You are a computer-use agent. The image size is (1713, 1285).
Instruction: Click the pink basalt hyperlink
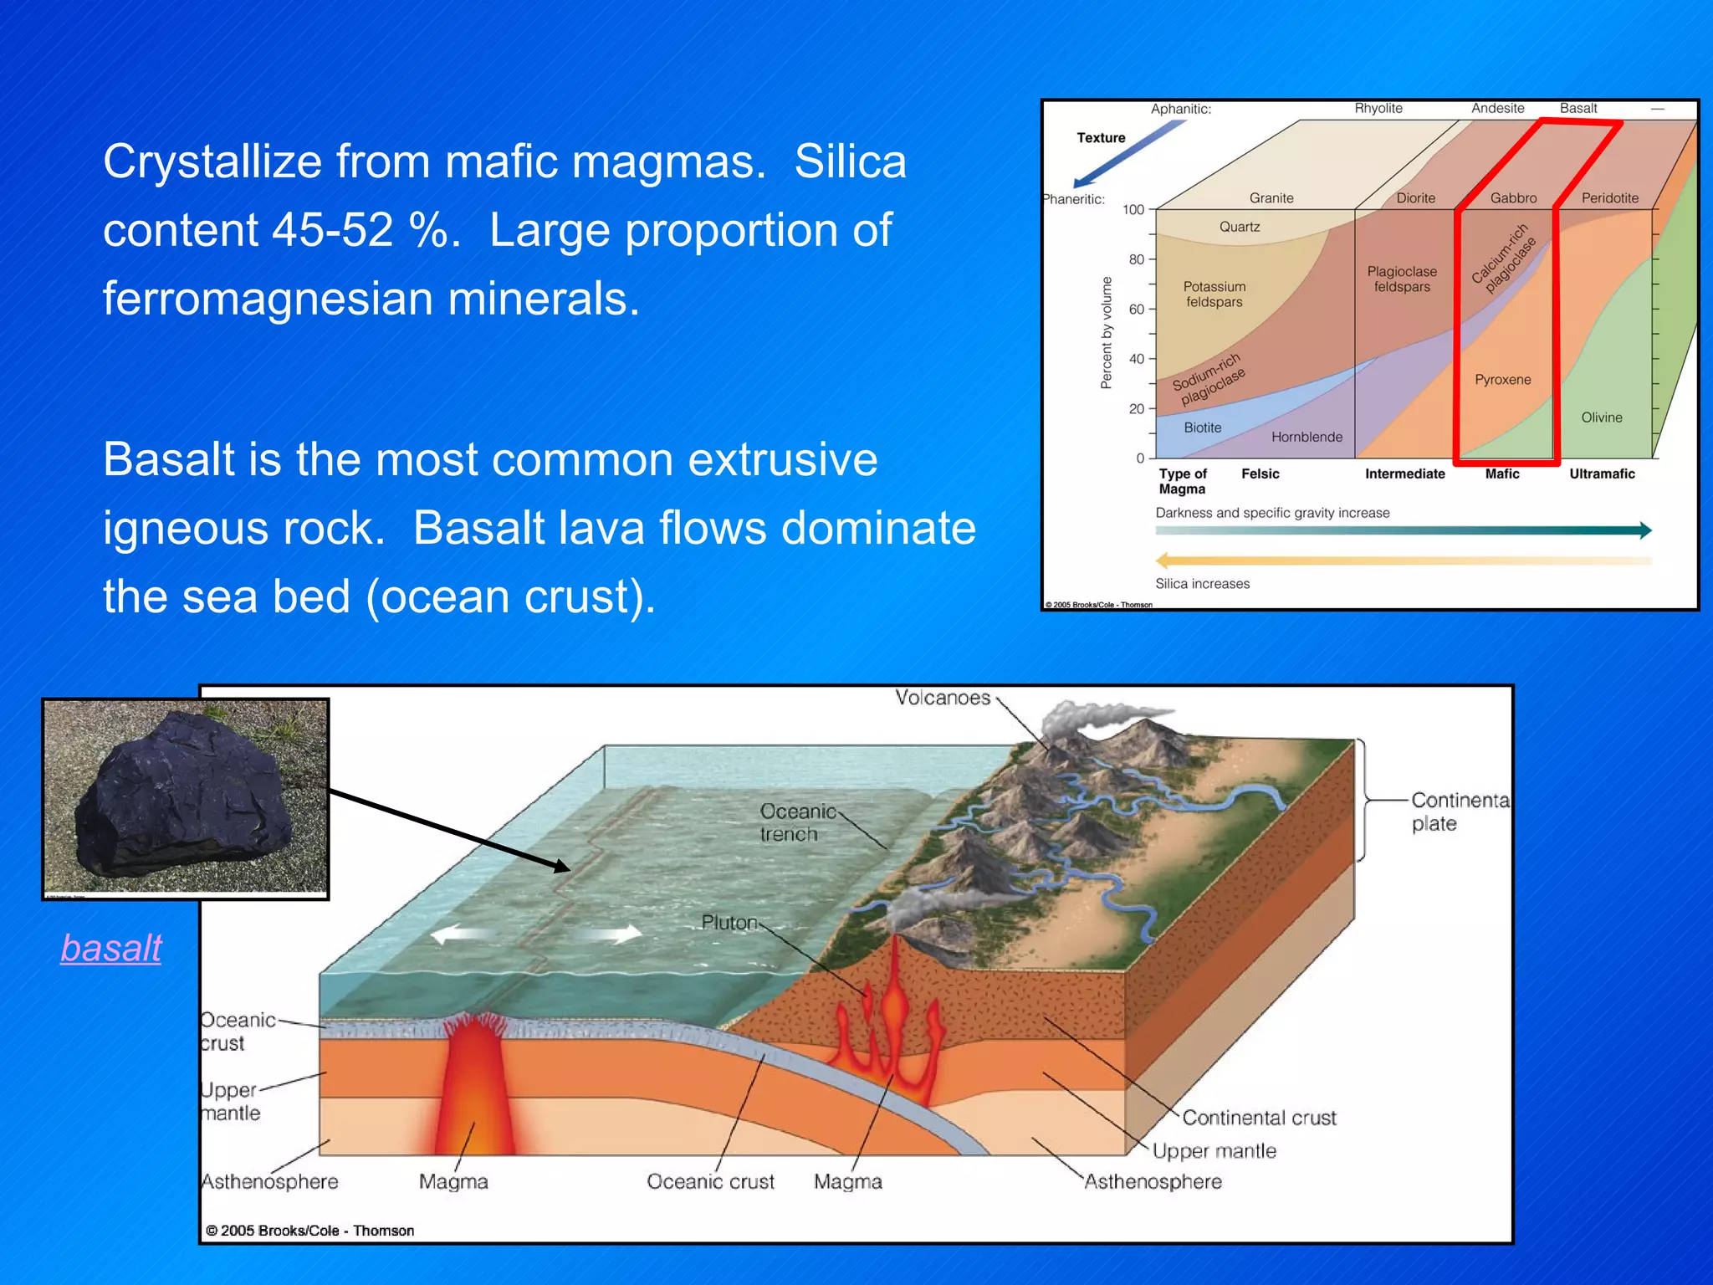tap(111, 948)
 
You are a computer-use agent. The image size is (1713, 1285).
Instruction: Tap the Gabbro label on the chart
tap(1513, 198)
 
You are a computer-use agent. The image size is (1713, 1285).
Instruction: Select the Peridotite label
tap(1609, 198)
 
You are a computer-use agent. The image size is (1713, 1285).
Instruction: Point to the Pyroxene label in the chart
tap(1502, 380)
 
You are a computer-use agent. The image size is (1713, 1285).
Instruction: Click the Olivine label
tap(1601, 417)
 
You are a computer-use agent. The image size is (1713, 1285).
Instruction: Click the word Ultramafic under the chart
tap(1602, 474)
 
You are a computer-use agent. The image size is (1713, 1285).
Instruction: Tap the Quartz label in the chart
tap(1239, 227)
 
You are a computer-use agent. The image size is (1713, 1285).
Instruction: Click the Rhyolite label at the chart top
tap(1378, 109)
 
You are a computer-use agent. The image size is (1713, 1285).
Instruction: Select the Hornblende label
tap(1306, 437)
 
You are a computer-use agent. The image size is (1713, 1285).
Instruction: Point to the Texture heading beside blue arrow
tap(1101, 138)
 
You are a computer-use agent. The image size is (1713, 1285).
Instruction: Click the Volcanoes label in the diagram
tap(942, 698)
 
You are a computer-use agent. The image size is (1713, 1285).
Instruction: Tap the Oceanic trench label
tap(797, 822)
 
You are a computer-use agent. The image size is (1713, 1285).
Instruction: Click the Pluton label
tap(729, 923)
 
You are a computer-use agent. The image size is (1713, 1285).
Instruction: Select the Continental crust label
tap(1259, 1118)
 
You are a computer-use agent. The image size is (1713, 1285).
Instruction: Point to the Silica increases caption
tap(1202, 584)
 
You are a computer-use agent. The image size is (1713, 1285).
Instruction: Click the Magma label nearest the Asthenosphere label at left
tap(453, 1181)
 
